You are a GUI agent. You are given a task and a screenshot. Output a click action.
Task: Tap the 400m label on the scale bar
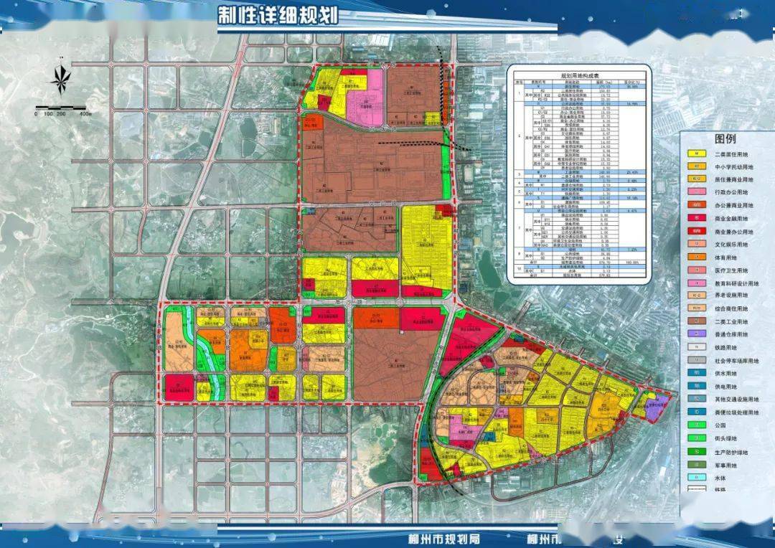(85, 113)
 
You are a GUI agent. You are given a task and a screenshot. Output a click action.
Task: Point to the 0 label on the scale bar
(36, 113)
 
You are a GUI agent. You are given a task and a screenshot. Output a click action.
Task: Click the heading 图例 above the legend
(725, 138)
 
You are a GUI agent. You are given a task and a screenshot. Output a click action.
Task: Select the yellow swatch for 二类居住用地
(695, 153)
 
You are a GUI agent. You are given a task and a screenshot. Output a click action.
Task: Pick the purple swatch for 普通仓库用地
(695, 334)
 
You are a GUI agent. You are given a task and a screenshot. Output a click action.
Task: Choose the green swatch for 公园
(695, 425)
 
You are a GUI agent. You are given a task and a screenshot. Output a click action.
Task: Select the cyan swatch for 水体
(695, 476)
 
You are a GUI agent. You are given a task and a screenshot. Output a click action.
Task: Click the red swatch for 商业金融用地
(695, 218)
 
